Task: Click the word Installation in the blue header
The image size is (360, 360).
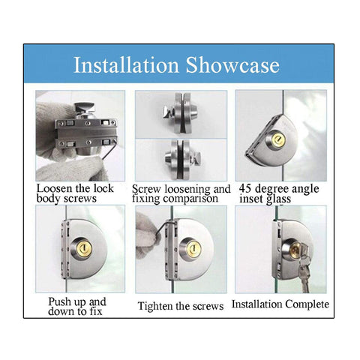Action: click(x=126, y=65)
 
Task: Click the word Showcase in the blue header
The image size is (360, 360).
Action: click(x=232, y=65)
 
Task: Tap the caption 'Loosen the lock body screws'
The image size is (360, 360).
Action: click(x=75, y=193)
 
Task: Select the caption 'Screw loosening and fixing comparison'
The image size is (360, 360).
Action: click(x=181, y=194)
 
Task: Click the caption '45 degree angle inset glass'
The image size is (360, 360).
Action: click(x=279, y=193)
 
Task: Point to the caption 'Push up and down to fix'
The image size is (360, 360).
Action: click(x=77, y=307)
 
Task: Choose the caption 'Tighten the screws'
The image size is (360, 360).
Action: click(x=181, y=306)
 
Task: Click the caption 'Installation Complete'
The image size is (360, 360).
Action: click(x=280, y=304)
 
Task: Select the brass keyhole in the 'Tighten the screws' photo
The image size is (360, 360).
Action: click(x=194, y=248)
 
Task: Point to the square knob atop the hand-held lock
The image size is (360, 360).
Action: click(x=85, y=108)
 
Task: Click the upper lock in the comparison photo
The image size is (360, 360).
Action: click(x=180, y=112)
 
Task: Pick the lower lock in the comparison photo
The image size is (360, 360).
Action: click(x=182, y=159)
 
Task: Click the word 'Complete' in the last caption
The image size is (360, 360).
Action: click(x=307, y=304)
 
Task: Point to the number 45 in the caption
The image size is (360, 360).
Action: click(x=245, y=188)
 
